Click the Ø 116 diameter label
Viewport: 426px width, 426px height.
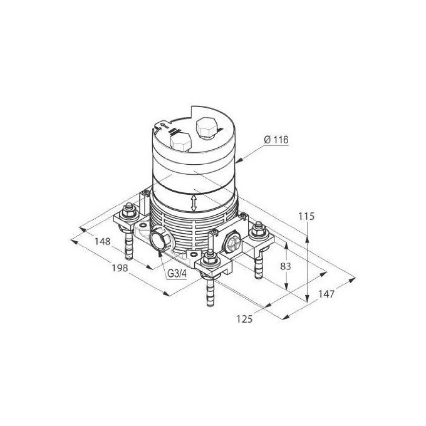click(276, 140)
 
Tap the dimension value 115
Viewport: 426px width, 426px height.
click(306, 216)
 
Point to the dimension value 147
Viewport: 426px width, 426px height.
click(325, 294)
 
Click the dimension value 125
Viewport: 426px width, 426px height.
click(244, 319)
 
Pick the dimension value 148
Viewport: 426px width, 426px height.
click(103, 241)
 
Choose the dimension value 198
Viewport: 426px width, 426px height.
click(119, 268)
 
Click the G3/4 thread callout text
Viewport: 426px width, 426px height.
click(177, 274)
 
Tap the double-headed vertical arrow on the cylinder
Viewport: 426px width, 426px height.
click(195, 202)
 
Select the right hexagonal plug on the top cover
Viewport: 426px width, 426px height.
click(206, 128)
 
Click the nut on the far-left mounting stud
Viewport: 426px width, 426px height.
click(130, 212)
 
